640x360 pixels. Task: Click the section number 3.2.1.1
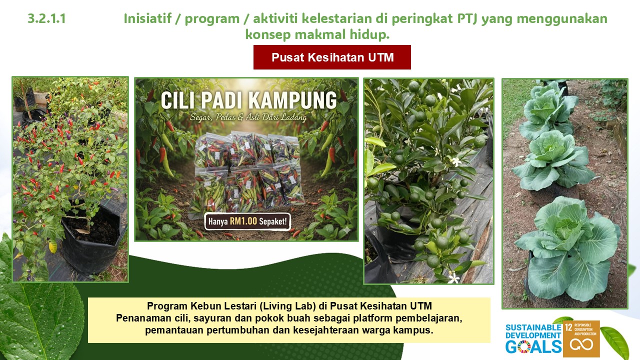[47, 19]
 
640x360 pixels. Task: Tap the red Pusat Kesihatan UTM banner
[332, 57]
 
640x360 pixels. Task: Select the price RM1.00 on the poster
[243, 221]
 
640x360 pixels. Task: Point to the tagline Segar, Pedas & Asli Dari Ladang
[248, 117]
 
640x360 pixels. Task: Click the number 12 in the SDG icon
[568, 327]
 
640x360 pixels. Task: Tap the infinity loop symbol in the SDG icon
[581, 344]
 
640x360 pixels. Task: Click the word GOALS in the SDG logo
[533, 346]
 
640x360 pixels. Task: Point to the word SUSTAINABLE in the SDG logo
[533, 327]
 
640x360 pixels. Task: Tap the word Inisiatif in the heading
[147, 18]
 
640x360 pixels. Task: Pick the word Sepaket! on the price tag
[273, 221]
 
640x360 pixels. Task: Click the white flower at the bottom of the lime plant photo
[453, 277]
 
